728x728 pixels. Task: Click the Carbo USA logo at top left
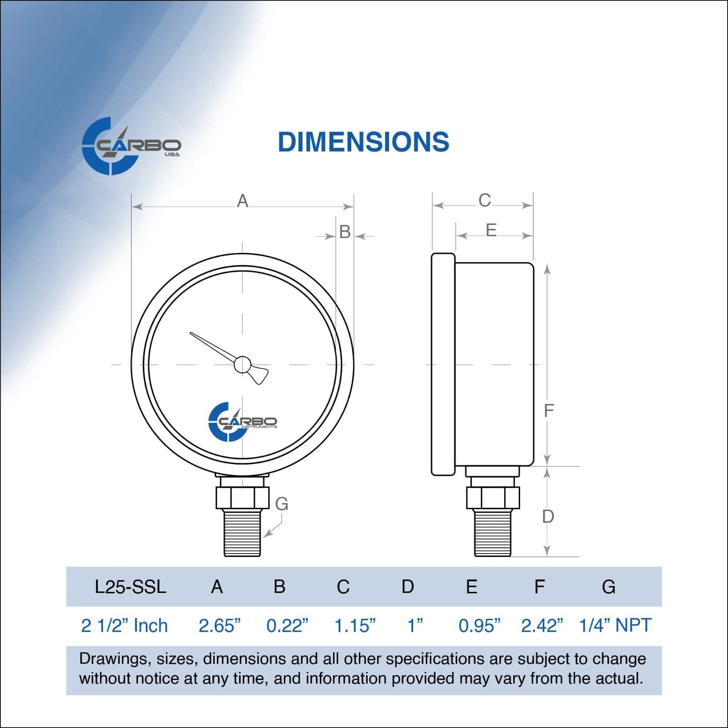click(x=131, y=146)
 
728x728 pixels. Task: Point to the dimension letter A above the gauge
click(x=243, y=201)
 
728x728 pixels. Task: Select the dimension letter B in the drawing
click(x=345, y=232)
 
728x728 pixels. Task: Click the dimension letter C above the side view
click(x=485, y=200)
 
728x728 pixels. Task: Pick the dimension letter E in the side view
click(x=491, y=230)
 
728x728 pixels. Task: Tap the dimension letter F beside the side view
click(x=549, y=410)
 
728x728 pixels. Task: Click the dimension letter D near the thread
click(x=548, y=516)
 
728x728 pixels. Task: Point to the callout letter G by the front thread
click(x=282, y=504)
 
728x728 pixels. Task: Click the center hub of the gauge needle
click(x=242, y=364)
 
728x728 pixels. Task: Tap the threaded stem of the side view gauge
click(x=492, y=532)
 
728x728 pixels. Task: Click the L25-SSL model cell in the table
click(x=130, y=587)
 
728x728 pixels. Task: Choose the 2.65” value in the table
click(x=219, y=626)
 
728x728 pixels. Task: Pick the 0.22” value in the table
click(x=287, y=626)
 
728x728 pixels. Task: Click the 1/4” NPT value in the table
click(x=615, y=625)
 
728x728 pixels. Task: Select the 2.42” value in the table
click(x=542, y=626)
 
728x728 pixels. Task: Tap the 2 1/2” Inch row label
click(x=124, y=626)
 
